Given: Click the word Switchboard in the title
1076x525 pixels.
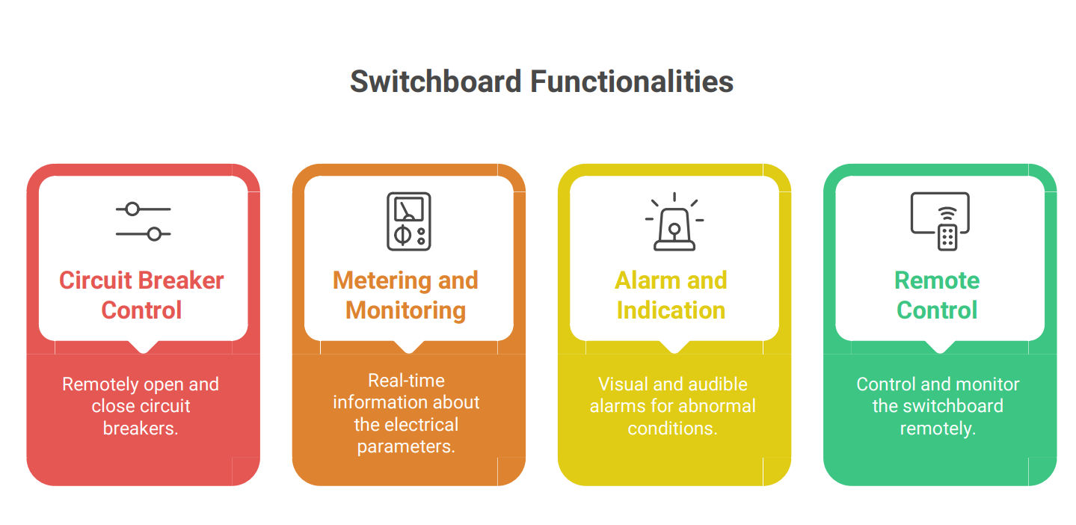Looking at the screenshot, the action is [x=436, y=82].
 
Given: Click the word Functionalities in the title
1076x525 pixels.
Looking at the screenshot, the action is [x=632, y=82].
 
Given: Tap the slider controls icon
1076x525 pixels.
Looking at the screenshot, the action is [x=143, y=221].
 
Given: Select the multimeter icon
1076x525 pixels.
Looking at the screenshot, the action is [x=409, y=221].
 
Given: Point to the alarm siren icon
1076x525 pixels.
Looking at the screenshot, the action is [x=674, y=221].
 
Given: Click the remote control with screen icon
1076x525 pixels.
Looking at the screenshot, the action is [x=940, y=221].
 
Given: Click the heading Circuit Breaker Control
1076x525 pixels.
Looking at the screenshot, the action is [x=142, y=295].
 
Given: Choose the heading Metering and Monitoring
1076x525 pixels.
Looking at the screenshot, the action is [x=406, y=295].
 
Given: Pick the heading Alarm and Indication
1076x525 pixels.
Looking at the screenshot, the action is [x=671, y=295].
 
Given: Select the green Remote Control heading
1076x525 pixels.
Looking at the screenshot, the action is [x=937, y=295].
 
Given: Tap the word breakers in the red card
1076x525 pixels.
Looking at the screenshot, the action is [x=141, y=428].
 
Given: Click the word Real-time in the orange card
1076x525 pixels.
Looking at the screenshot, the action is [x=406, y=381].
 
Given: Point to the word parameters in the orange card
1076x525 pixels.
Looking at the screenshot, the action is [x=406, y=446].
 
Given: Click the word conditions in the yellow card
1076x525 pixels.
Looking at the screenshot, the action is [x=672, y=428].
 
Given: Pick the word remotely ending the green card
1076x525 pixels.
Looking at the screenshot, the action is [x=938, y=428].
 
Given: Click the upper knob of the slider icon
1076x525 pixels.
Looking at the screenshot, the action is [x=132, y=209].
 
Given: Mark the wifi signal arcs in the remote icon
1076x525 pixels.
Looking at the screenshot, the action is [x=947, y=213].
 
